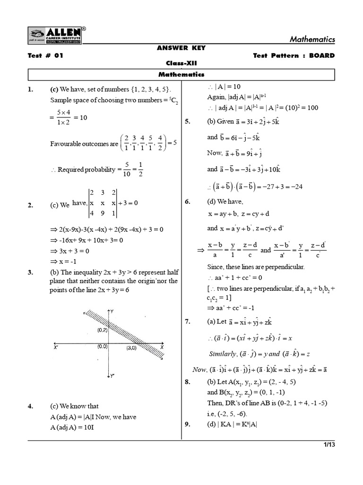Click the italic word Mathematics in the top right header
pyautogui.click(x=312, y=39)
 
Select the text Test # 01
pyautogui.click(x=45, y=55)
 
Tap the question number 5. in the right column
pyautogui.click(x=187, y=122)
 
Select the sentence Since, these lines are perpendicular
pyautogui.click(x=256, y=267)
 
